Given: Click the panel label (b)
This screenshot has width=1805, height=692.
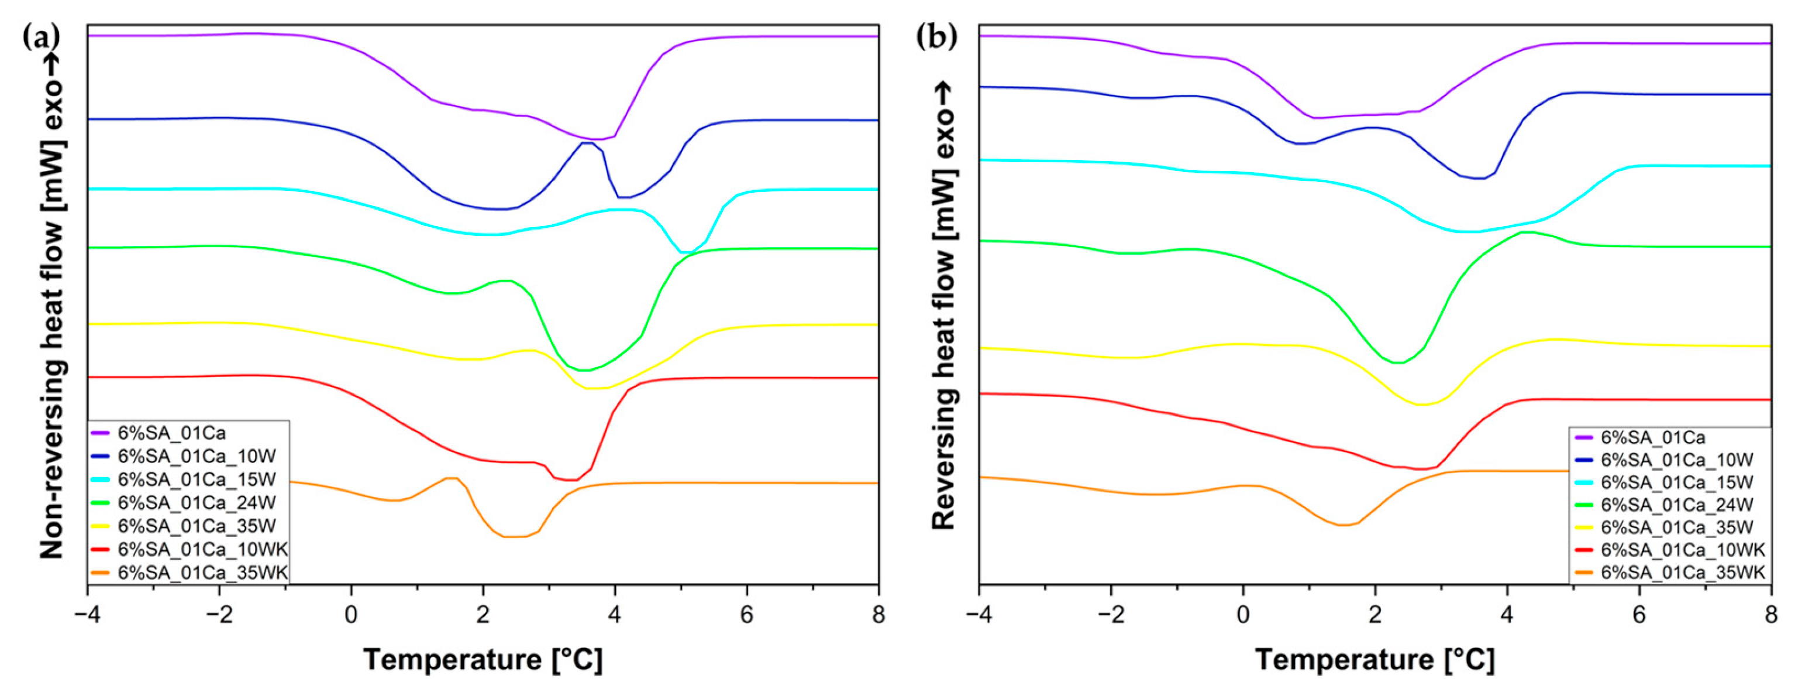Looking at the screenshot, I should click(x=936, y=36).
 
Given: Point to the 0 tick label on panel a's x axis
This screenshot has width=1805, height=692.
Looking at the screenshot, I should click(x=351, y=615).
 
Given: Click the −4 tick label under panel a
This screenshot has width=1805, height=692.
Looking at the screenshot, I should click(x=87, y=615).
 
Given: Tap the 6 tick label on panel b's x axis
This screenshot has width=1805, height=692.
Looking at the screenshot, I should click(x=1639, y=615).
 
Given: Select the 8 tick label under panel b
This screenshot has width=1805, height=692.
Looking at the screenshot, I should click(x=1770, y=615).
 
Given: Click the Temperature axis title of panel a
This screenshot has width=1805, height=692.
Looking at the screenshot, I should click(x=483, y=660).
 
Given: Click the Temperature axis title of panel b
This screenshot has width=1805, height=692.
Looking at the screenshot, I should click(x=1375, y=660).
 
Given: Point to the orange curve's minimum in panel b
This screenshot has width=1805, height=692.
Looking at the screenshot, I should click(x=1341, y=525).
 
